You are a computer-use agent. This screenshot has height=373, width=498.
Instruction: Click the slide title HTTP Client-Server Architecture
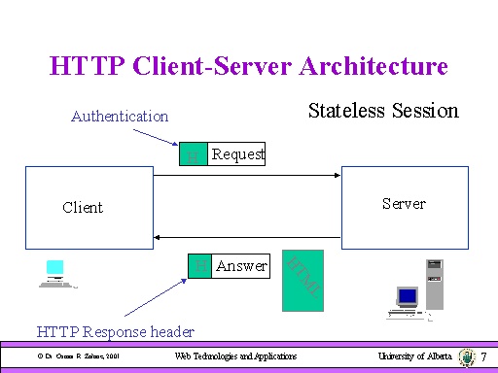point(248,66)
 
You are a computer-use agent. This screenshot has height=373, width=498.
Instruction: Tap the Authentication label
point(120,117)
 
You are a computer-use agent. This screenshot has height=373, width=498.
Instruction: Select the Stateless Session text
point(382,111)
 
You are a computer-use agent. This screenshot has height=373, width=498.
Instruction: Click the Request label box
point(238,153)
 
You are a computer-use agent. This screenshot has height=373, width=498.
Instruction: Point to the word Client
point(83,207)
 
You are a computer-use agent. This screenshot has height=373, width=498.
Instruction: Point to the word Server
point(403,203)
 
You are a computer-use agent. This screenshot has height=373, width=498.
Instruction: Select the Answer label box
point(241,265)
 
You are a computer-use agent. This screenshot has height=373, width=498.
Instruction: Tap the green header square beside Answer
point(199,265)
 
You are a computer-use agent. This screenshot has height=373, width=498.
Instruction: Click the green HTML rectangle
point(301,281)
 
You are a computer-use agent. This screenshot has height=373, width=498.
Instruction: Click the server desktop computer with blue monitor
point(406,301)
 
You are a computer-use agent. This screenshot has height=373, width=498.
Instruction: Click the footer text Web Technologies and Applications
point(235,357)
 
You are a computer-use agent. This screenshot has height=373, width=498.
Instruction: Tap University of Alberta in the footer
point(415,357)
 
